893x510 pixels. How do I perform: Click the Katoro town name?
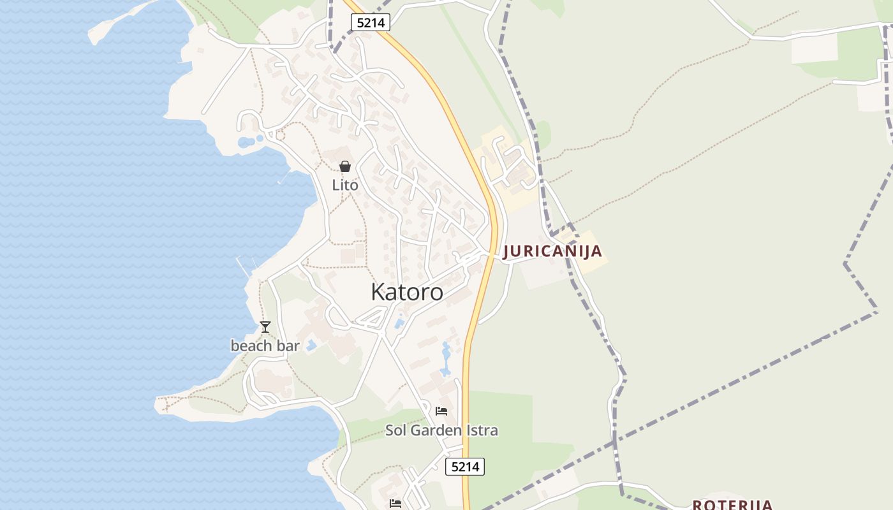click(x=407, y=292)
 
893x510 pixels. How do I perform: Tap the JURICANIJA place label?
click(x=552, y=251)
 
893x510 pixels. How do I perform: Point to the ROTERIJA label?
click(x=732, y=505)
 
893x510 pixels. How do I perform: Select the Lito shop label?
click(x=345, y=185)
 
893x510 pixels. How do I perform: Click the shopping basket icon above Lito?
click(x=345, y=167)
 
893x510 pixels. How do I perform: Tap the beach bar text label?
click(x=265, y=346)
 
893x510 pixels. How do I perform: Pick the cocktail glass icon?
click(x=265, y=327)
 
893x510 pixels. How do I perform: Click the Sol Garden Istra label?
click(x=441, y=430)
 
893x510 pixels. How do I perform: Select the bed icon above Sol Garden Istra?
click(x=441, y=411)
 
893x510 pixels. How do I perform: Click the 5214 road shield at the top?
click(x=370, y=23)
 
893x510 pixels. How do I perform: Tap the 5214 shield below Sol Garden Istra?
click(x=464, y=467)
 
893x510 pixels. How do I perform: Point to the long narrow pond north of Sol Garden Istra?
click(x=445, y=359)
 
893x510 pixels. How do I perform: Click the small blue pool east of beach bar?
click(x=311, y=346)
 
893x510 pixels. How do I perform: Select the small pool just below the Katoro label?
click(x=399, y=324)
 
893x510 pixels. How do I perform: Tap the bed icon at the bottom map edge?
click(x=395, y=504)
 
